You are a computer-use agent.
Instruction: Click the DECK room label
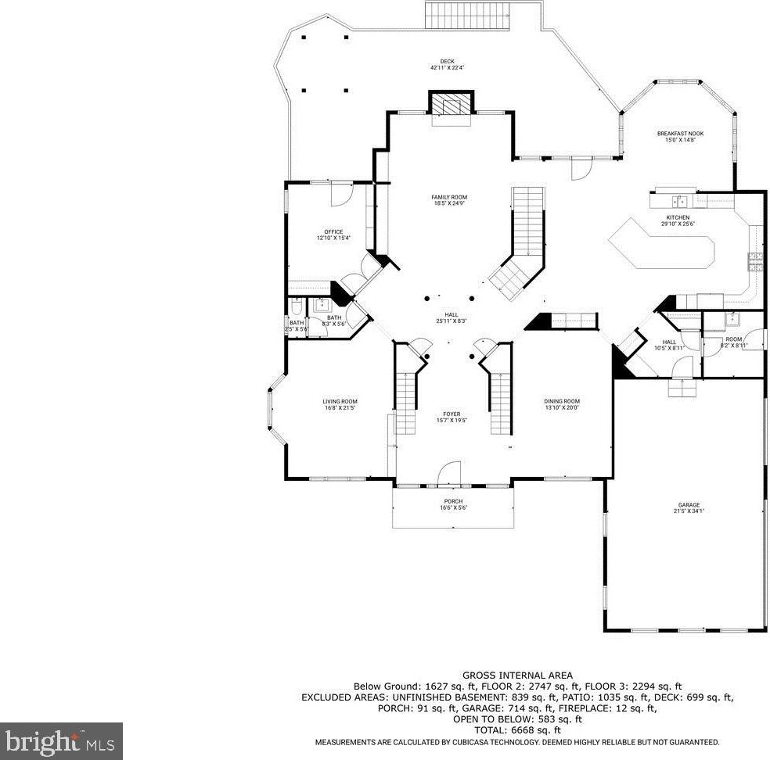coord(447,62)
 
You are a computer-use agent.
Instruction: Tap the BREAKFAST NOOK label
coord(679,134)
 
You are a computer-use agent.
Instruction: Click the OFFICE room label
coord(333,231)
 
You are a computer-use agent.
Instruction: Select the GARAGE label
coord(689,505)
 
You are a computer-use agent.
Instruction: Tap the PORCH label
coord(452,501)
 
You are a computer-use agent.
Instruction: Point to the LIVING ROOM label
coord(340,402)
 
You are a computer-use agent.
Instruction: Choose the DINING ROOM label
coord(562,401)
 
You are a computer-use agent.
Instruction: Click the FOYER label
coord(452,414)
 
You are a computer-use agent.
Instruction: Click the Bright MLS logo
coord(61,740)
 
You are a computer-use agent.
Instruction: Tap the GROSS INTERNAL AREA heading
coord(516,675)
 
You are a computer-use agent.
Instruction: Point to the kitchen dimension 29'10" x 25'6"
coord(677,224)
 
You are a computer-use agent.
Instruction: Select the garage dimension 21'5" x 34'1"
coord(689,511)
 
